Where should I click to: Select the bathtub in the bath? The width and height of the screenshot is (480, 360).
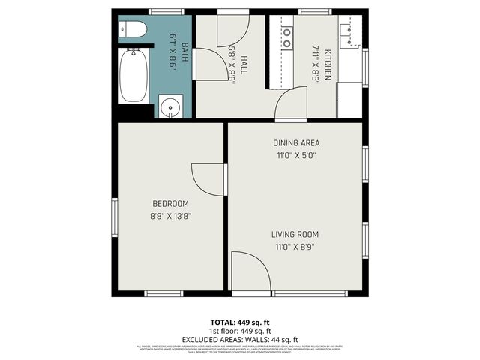[x=135, y=75]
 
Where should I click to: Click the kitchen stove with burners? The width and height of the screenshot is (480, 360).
[x=286, y=37]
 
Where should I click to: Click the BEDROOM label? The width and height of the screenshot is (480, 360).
[x=170, y=204]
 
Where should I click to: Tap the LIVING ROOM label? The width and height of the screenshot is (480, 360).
[x=295, y=235]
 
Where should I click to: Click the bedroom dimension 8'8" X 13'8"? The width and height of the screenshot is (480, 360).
[x=170, y=216]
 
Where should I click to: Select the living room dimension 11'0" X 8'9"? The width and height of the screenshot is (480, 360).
[x=295, y=247]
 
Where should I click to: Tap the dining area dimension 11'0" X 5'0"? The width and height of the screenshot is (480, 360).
[x=295, y=156]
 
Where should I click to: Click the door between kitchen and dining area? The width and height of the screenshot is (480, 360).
[x=291, y=103]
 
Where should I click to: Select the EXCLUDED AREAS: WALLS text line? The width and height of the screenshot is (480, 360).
[x=239, y=339]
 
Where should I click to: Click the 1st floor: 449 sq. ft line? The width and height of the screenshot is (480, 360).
[x=239, y=331]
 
